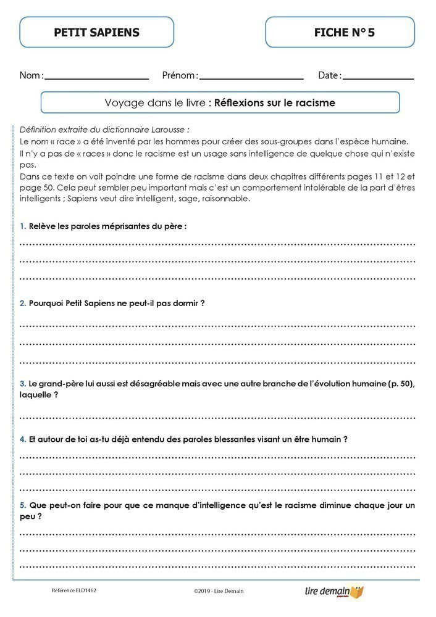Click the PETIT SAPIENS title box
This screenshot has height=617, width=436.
coord(96,33)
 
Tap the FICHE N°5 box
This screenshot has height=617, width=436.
coord(340,33)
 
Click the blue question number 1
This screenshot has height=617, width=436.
coord(22,226)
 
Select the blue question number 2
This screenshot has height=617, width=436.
coord(22,304)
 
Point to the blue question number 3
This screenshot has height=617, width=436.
coord(22,384)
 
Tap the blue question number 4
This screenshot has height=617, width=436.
coord(22,439)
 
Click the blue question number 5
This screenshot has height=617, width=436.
coord(22,505)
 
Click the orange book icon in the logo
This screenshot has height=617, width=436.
coord(357,590)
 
